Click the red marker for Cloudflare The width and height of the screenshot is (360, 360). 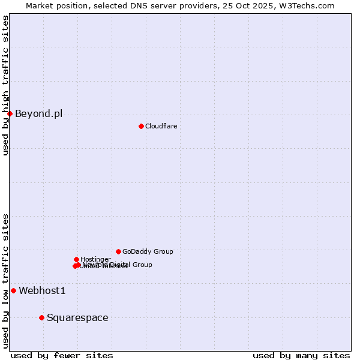coord(141,126)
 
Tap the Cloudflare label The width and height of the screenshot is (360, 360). coord(161,126)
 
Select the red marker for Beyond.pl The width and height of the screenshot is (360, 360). coord(10,113)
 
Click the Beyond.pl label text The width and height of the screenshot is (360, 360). coord(38,113)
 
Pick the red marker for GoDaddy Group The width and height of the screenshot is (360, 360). coord(118,251)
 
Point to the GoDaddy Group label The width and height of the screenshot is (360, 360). coord(148,252)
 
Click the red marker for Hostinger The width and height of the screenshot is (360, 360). coord(76,259)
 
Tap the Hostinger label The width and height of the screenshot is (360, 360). coord(95,259)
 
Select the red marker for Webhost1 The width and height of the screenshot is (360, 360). coord(13,290)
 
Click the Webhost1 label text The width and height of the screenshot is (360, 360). coord(42,291)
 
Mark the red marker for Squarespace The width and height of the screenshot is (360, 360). coord(41,317)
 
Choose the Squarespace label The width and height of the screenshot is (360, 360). coord(77,318)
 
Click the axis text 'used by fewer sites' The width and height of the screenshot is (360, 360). coord(62,355)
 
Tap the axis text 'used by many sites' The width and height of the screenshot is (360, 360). coord(301,355)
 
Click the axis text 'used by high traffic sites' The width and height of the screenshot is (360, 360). coord(6,85)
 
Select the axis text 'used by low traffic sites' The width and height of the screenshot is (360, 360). coord(6,281)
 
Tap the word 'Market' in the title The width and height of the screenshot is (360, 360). coord(40,5)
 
